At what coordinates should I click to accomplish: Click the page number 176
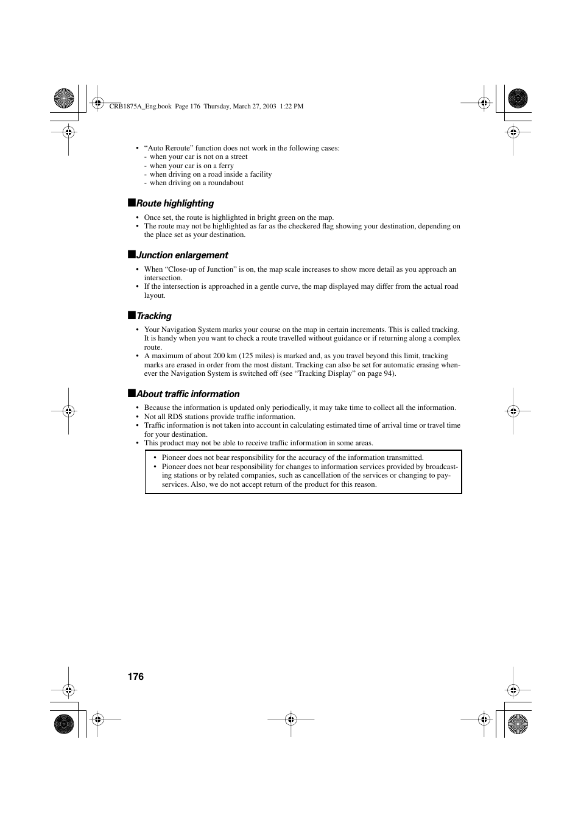[x=136, y=676]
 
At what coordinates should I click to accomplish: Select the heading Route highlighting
[x=175, y=203]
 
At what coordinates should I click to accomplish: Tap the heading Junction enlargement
[x=182, y=255]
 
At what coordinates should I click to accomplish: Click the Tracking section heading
[x=154, y=316]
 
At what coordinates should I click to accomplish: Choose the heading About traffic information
[x=188, y=394]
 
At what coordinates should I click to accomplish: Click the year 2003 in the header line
[x=267, y=106]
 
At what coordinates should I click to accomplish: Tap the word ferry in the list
[x=226, y=166]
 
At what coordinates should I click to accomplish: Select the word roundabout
[x=226, y=183]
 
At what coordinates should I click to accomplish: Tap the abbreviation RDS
[x=175, y=417]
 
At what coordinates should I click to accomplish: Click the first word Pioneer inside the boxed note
[x=174, y=457]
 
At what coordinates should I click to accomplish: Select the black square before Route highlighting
[x=131, y=203]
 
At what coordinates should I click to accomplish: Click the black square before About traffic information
[x=131, y=394]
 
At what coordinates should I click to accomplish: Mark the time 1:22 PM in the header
[x=291, y=106]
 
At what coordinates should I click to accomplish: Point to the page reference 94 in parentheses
[x=387, y=373]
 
